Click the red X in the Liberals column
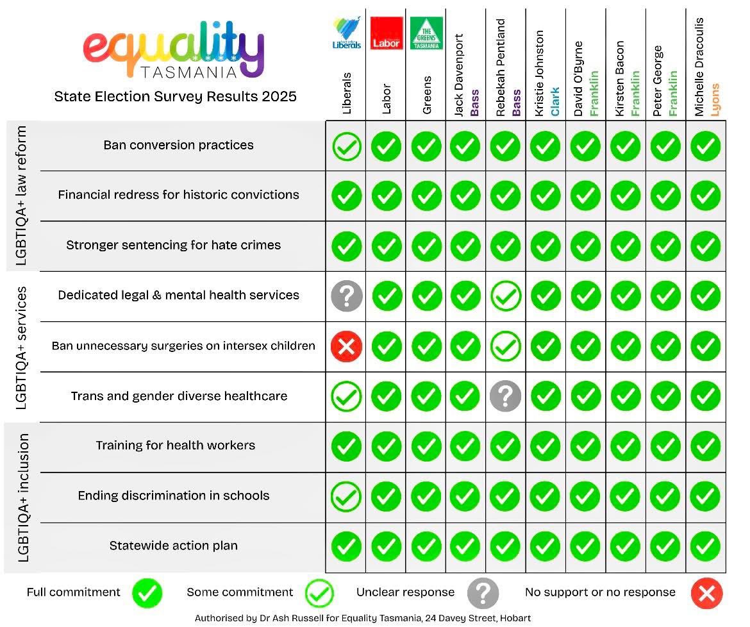(346, 347)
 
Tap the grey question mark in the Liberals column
(346, 296)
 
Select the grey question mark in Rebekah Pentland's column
(505, 397)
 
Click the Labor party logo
(387, 33)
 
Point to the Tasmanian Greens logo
(426, 33)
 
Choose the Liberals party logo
(347, 33)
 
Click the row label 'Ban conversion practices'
(178, 145)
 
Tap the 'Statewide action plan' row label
(173, 546)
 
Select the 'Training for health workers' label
(175, 445)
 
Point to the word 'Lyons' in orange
(715, 99)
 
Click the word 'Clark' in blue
(554, 101)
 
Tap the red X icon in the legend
(706, 594)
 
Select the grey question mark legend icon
(483, 594)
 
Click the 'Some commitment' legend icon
(319, 594)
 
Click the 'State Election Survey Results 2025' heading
(175, 96)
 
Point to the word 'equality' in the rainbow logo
(173, 48)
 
